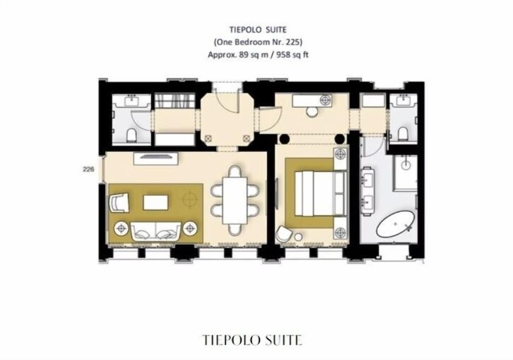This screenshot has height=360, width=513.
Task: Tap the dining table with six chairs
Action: [x=234, y=197]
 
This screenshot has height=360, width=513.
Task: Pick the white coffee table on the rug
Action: [x=155, y=202]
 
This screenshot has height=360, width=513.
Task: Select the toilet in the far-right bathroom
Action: [x=402, y=134]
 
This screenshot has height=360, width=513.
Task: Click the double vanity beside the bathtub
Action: [x=370, y=191]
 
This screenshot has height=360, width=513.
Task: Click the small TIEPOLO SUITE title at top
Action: [x=258, y=30]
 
